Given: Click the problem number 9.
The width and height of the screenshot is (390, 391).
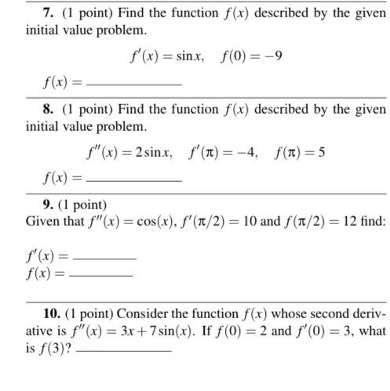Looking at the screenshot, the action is pyautogui.click(x=31, y=206).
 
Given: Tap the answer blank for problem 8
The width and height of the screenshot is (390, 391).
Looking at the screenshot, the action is pyautogui.click(x=133, y=179).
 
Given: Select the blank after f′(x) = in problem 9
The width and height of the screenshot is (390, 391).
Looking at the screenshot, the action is pyautogui.click(x=104, y=257).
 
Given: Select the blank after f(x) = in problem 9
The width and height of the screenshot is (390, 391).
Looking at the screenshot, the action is pyautogui.click(x=100, y=275).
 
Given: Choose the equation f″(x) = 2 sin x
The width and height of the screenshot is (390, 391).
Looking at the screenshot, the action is pyautogui.click(x=129, y=152).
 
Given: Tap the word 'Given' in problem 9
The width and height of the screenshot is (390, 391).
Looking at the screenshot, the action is pyautogui.click(x=42, y=222).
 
